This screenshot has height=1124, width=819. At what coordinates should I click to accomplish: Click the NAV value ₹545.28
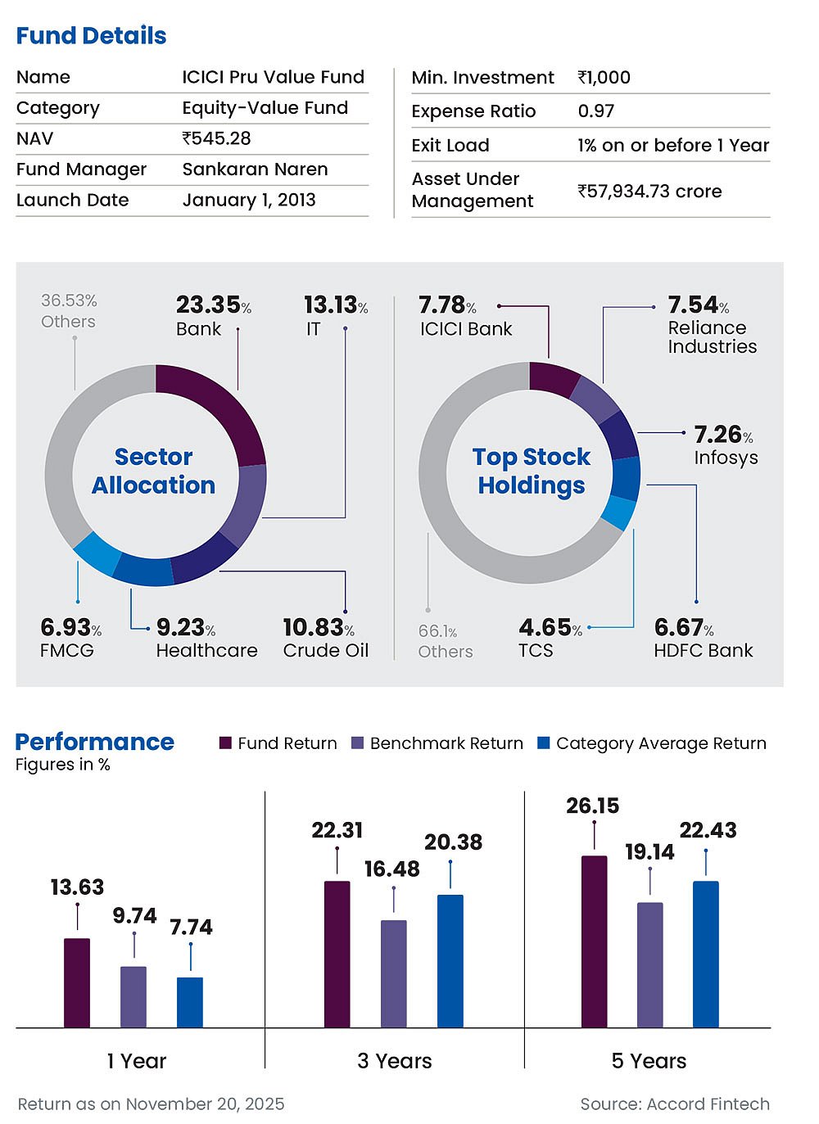pos(216,138)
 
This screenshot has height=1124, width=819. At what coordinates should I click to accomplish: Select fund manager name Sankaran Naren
pos(255,169)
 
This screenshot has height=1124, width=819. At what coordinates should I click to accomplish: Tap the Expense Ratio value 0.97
pos(595,111)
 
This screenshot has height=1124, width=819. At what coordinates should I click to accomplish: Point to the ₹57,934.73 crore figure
pos(649,192)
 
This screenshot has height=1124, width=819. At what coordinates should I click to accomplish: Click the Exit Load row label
pos(450,146)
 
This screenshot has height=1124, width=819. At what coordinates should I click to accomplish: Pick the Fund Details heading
pos(91,36)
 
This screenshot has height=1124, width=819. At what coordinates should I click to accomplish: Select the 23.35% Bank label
pos(212,315)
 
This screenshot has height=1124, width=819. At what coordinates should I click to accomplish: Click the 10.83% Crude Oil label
pos(325,639)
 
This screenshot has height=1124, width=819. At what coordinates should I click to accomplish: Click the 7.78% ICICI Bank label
pos(464,316)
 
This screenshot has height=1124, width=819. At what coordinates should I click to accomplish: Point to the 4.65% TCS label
pos(550,639)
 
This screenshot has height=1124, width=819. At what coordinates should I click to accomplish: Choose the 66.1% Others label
pos(445,641)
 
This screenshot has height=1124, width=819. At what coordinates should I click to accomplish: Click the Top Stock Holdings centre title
pos(532,471)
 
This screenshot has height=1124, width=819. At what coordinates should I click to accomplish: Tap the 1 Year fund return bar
pos(77,982)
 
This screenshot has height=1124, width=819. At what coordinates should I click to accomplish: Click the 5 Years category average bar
pos(705,954)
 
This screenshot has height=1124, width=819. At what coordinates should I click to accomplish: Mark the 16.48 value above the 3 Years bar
pos(391,869)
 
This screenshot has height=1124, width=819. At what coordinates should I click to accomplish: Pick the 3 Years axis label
pos(394,1061)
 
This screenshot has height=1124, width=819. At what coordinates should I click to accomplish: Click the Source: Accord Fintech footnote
pos(674,1104)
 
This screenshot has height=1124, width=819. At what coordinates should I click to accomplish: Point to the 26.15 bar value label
pos(592,806)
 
